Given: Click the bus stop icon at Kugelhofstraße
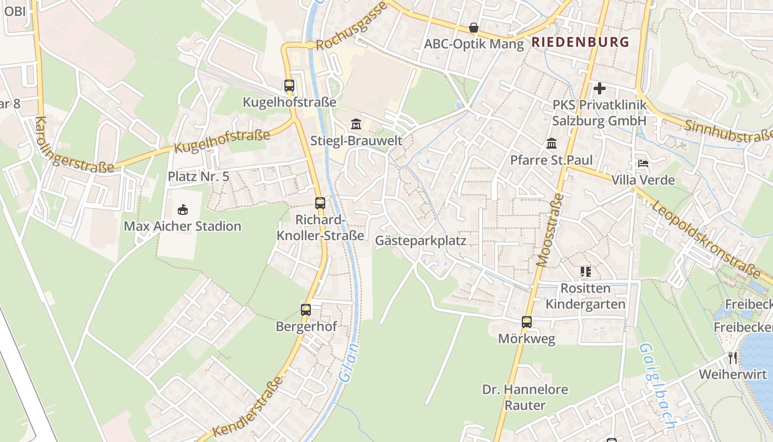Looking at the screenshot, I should pyautogui.click(x=289, y=86).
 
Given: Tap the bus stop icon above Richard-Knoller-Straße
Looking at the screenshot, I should pyautogui.click(x=320, y=203).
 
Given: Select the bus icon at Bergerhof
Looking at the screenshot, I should pyautogui.click(x=306, y=310).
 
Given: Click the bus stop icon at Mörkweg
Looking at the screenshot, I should pyautogui.click(x=527, y=322).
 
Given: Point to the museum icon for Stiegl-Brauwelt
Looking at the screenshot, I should pyautogui.click(x=356, y=124).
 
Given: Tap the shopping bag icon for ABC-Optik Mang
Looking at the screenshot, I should pyautogui.click(x=474, y=28).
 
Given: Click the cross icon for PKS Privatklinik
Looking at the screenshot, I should pyautogui.click(x=600, y=88).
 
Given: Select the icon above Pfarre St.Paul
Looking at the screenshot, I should pyautogui.click(x=551, y=144).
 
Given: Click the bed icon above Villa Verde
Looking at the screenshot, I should pyautogui.click(x=643, y=164).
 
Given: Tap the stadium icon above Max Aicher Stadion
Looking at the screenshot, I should pyautogui.click(x=182, y=209).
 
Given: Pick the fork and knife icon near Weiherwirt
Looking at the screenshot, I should pyautogui.click(x=733, y=357).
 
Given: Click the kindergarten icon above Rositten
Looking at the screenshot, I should pyautogui.click(x=585, y=271).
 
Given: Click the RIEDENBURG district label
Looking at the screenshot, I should pyautogui.click(x=580, y=42).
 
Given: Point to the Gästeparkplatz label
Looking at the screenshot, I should pyautogui.click(x=421, y=241).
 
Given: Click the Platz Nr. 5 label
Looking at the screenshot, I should pyautogui.click(x=198, y=177).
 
